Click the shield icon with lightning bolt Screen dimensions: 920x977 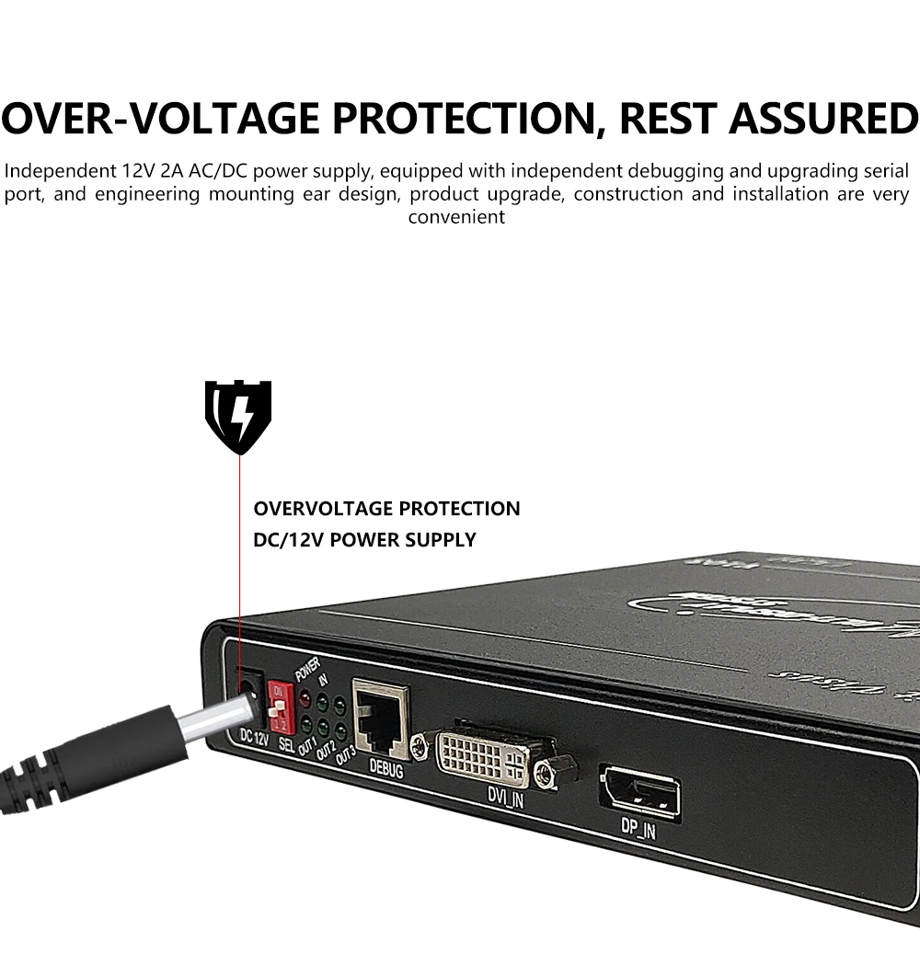[x=238, y=416]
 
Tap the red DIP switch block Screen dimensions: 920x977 [x=280, y=706]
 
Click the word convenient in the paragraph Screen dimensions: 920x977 [x=456, y=218]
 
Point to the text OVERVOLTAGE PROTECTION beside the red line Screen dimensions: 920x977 [x=386, y=509]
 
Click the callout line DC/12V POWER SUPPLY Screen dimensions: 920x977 [x=364, y=540]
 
